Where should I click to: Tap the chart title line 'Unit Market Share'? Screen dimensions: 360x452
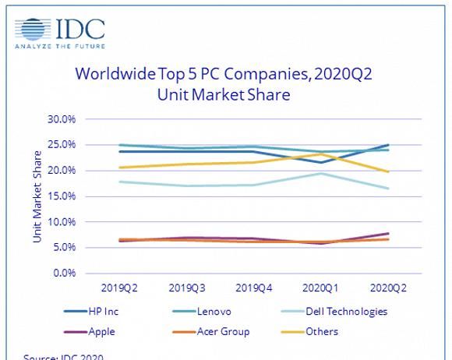coord(225,96)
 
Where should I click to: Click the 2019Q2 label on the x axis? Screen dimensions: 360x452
coord(118,288)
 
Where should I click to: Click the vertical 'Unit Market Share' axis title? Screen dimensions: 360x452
coord(37,196)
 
